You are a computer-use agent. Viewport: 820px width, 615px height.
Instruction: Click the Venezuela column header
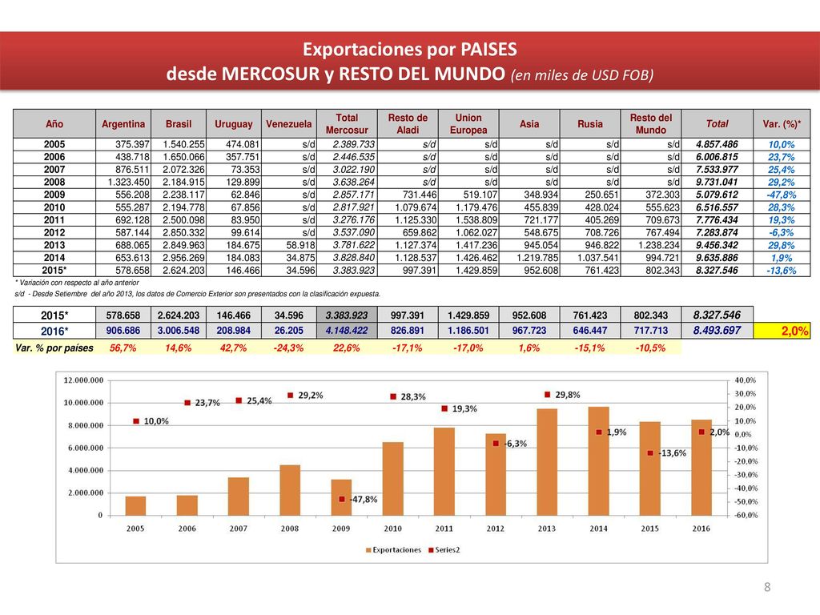pos(288,124)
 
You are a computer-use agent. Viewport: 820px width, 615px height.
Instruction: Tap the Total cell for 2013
pos(717,245)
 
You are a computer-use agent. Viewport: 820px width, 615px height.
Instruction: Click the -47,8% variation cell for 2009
pos(782,195)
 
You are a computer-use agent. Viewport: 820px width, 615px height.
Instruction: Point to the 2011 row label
pos(54,220)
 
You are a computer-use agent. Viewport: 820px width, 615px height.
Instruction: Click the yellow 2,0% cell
pos(782,331)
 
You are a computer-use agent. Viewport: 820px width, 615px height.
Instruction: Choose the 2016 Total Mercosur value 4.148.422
pos(347,331)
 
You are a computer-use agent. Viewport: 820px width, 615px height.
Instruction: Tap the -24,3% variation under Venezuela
pos(288,348)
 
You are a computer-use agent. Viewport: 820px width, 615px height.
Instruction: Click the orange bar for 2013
pos(547,462)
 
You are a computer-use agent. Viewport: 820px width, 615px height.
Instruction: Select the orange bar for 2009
pos(341,497)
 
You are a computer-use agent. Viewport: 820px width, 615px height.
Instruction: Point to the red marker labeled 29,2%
pos(290,396)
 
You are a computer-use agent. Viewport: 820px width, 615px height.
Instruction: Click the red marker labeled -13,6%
pos(650,453)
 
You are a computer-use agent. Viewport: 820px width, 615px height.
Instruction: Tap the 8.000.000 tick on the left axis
pos(86,426)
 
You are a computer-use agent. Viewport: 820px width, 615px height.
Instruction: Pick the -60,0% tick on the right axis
pos(746,515)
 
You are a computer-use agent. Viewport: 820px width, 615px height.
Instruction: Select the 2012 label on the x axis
pos(495,529)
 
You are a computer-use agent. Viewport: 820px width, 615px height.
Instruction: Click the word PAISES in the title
pos(488,49)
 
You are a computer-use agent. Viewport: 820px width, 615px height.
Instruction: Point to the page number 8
pos(767,587)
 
